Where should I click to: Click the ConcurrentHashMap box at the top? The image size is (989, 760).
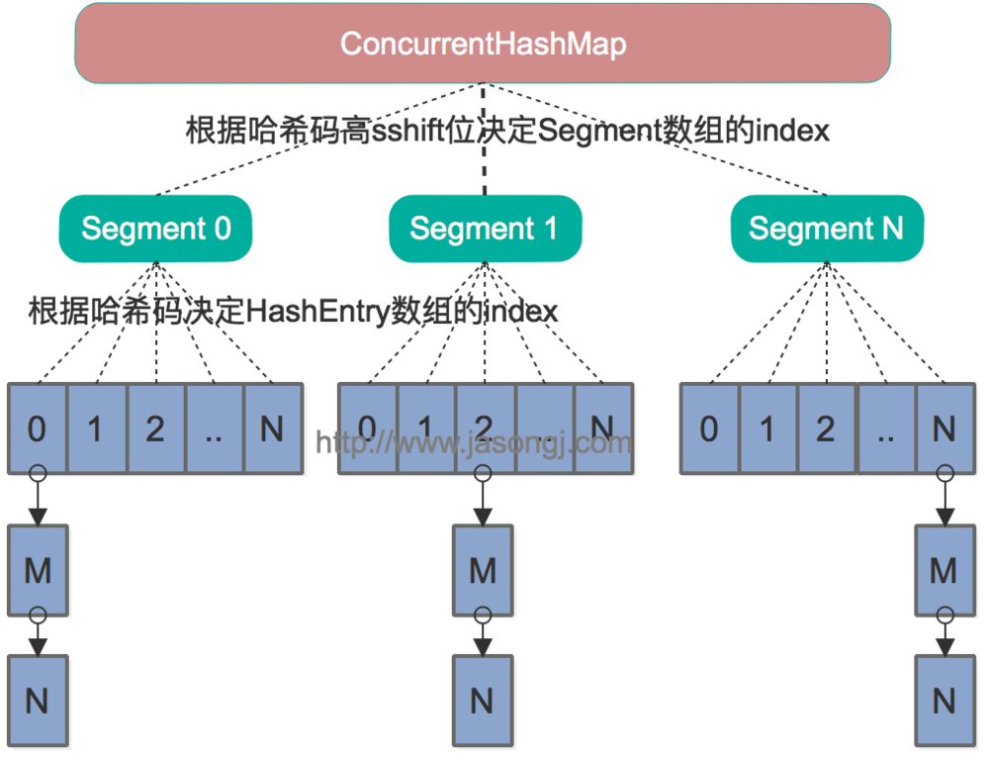483,44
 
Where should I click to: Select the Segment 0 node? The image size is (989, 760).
156,229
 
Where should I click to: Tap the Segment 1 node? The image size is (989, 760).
485,229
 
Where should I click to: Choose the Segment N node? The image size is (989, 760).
827,229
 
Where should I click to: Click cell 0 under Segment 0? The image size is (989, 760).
37,428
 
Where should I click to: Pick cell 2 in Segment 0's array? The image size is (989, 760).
155,428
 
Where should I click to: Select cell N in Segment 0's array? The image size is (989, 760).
272,428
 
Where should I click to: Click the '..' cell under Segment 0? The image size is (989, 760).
214,428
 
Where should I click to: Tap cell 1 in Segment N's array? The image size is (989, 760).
767,428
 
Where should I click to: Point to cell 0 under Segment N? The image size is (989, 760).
709,428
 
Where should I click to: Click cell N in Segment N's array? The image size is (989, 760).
944,428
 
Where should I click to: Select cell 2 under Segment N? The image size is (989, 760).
827,428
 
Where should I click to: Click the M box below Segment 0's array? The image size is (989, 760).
38,570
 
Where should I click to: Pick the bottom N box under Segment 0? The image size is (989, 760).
38,701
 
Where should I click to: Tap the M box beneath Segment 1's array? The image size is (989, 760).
483,570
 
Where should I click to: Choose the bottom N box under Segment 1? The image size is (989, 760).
483,701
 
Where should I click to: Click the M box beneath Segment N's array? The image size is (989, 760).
944,570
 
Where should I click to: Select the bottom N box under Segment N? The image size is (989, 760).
944,701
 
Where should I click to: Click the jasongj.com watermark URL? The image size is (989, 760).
474,442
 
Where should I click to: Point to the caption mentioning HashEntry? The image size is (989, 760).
293,312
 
